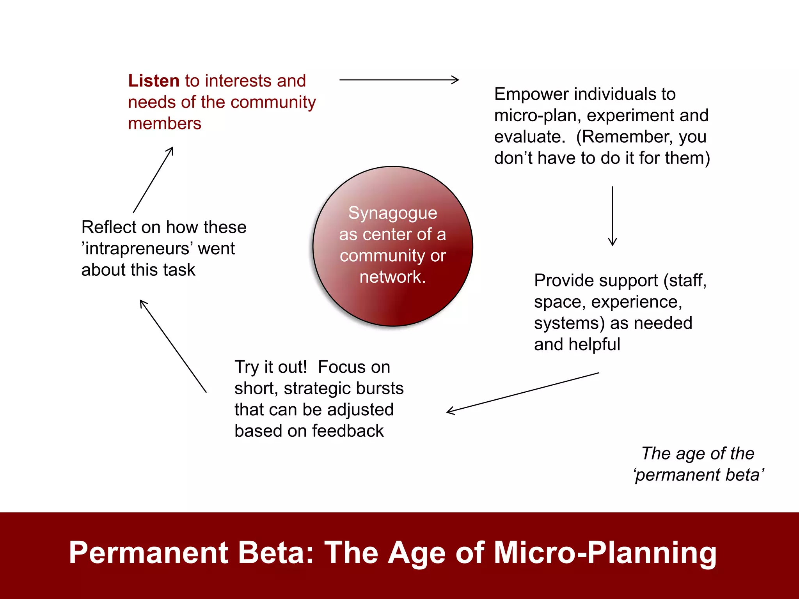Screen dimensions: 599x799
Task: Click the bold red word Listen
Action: pyautogui.click(x=153, y=81)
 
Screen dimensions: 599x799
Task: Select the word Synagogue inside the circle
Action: pyautogui.click(x=392, y=213)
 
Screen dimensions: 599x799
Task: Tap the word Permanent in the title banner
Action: pyautogui.click(x=148, y=553)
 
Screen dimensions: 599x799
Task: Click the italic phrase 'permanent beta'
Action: pyautogui.click(x=698, y=475)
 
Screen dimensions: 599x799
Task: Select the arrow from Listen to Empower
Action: pyautogui.click(x=399, y=80)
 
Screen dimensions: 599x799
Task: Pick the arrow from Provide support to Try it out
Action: pyautogui.click(x=523, y=392)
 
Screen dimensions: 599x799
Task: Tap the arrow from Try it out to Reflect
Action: pyautogui.click(x=173, y=346)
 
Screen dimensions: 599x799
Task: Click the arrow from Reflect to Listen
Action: pyautogui.click(x=153, y=180)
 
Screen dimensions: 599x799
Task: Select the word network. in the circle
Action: pyautogui.click(x=392, y=277)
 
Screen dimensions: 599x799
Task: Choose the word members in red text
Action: pyautogui.click(x=165, y=124)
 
